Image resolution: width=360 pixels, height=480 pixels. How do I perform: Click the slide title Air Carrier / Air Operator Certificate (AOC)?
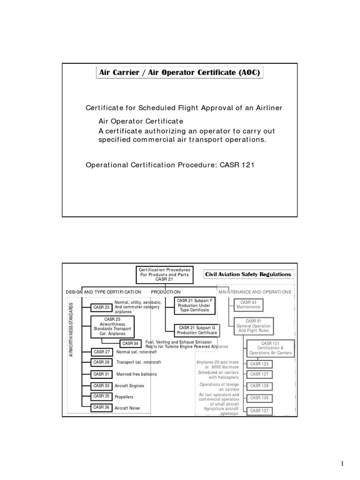(180, 73)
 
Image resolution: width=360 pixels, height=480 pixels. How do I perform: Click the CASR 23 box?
(101, 307)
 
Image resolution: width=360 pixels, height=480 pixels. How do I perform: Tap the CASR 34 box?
(130, 344)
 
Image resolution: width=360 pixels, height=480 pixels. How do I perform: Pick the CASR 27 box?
(101, 352)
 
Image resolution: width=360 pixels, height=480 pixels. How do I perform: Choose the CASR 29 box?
(101, 362)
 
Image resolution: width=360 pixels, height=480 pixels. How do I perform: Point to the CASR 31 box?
(101, 374)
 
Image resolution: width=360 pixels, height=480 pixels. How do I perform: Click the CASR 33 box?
(101, 386)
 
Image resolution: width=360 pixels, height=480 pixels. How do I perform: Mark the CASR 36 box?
(101, 408)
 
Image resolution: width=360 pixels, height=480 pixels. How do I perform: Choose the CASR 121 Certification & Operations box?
(270, 348)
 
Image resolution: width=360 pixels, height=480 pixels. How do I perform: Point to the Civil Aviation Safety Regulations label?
(248, 274)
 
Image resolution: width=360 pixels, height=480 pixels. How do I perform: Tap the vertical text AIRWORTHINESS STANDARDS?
(72, 330)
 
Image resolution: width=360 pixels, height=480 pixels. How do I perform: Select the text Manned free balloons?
(136, 375)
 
